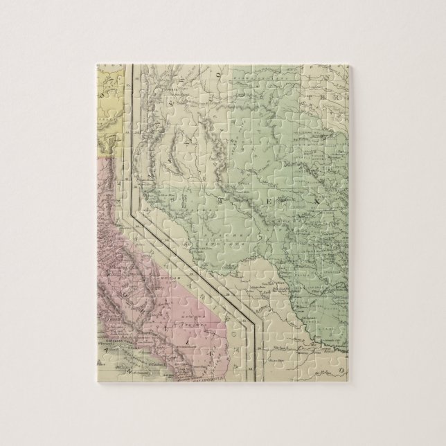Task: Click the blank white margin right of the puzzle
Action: click(402, 222)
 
